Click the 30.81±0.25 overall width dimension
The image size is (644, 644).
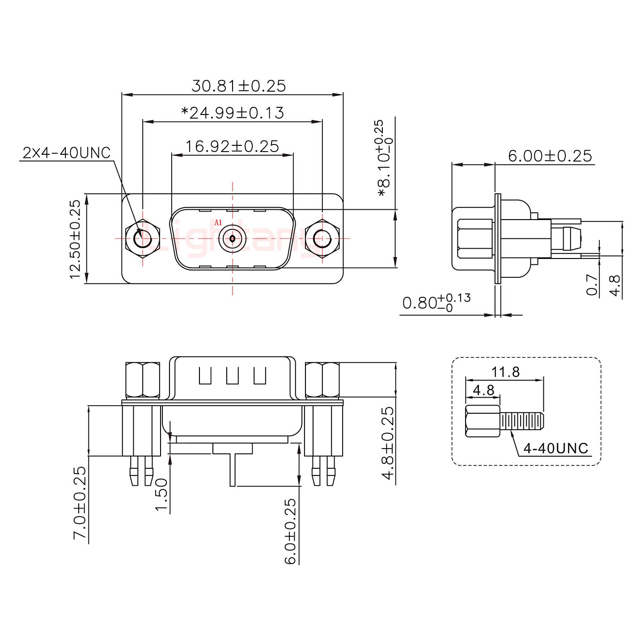(x=238, y=85)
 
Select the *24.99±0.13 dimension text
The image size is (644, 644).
(x=233, y=113)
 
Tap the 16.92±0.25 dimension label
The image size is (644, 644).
(x=232, y=146)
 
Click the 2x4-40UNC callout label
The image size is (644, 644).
(x=66, y=153)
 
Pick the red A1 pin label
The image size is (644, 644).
(x=218, y=222)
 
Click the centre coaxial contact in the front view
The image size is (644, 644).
(x=232, y=238)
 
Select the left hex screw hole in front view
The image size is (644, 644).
(x=143, y=238)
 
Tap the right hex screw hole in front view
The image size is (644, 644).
(x=322, y=238)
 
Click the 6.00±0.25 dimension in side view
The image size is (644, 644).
(x=550, y=156)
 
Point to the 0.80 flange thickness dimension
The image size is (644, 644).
(x=436, y=303)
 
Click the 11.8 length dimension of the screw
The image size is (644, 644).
(x=505, y=372)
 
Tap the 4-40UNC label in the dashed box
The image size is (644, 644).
(x=555, y=448)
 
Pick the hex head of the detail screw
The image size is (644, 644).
(x=483, y=421)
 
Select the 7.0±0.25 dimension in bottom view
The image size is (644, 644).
(x=79, y=503)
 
